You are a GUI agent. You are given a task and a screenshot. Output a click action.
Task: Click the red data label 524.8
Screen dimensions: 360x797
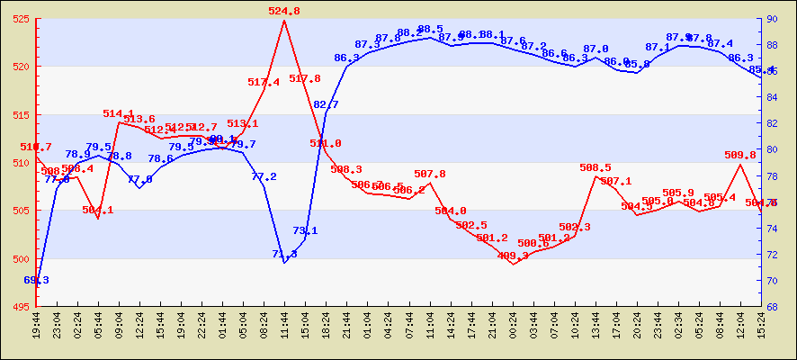(284, 11)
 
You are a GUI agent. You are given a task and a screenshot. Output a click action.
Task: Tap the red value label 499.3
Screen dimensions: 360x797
(513, 256)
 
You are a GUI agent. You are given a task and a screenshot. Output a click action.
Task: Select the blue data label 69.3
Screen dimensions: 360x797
(36, 280)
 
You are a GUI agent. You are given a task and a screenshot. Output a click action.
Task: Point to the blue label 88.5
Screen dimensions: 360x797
(430, 30)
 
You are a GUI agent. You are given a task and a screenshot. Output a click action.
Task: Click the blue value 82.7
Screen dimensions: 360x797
(326, 104)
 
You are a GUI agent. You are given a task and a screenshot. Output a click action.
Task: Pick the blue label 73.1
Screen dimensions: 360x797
(305, 230)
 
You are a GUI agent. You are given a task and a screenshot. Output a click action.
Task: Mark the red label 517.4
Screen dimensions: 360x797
(264, 82)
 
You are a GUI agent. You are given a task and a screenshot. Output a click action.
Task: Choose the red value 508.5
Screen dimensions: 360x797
(596, 167)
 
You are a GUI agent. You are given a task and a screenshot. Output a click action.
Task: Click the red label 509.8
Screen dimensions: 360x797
(739, 155)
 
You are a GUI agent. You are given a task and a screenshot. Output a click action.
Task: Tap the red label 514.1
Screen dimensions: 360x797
(119, 113)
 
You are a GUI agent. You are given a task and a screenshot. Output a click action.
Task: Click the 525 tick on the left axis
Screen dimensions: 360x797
(22, 19)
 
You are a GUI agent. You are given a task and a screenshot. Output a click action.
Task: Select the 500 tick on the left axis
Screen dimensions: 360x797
(22, 259)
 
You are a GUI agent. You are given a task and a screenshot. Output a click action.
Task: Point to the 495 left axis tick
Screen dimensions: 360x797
(22, 307)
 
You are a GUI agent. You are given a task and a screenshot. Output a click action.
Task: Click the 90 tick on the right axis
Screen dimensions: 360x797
(773, 19)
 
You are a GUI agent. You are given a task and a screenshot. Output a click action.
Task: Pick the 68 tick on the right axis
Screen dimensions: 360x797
(773, 307)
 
